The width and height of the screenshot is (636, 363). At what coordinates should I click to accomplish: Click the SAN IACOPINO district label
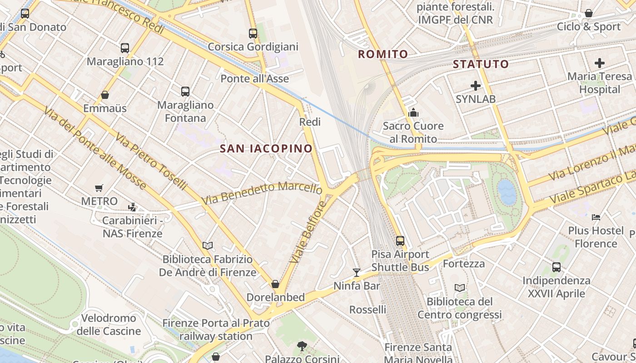click(x=266, y=148)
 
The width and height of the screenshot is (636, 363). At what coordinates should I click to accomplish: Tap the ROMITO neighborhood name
click(x=383, y=54)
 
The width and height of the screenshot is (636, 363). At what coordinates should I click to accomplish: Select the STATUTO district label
click(x=481, y=64)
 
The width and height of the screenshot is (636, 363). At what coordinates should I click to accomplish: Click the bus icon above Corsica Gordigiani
click(x=253, y=33)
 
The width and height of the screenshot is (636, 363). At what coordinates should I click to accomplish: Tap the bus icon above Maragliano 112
click(x=125, y=48)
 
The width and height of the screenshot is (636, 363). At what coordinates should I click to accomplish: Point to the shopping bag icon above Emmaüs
click(x=105, y=95)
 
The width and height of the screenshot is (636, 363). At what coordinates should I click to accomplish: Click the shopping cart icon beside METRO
click(x=99, y=188)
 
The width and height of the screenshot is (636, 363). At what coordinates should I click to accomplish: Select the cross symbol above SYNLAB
click(x=476, y=85)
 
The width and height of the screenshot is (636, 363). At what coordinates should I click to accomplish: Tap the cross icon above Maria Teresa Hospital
click(x=600, y=63)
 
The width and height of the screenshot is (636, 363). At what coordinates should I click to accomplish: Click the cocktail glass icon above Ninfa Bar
click(x=357, y=272)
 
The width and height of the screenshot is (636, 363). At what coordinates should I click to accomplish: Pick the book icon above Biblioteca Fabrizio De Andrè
click(x=208, y=245)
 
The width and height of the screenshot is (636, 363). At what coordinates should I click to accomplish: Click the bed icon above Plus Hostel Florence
click(x=596, y=217)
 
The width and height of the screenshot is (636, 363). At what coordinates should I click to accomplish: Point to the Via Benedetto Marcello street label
click(x=262, y=193)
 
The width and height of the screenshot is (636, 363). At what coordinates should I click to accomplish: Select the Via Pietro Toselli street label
click(x=151, y=161)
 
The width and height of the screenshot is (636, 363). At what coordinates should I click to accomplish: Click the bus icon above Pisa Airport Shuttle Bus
click(x=400, y=240)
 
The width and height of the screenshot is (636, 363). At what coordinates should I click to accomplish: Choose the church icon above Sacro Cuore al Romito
click(x=413, y=112)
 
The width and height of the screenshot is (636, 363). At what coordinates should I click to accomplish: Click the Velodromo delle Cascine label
click(x=109, y=324)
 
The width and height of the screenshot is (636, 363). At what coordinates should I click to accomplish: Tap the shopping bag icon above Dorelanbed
click(x=275, y=284)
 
